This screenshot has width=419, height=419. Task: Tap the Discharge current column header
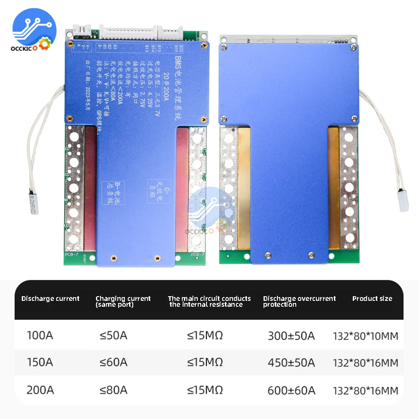(50, 299)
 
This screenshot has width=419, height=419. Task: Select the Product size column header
(372, 299)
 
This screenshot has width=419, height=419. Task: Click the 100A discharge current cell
(40, 336)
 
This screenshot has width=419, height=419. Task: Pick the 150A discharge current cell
(40, 362)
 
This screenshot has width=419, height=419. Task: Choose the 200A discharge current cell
(40, 390)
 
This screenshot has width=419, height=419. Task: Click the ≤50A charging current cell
(113, 336)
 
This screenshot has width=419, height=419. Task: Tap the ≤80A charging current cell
(113, 390)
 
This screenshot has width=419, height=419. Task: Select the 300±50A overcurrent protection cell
(291, 336)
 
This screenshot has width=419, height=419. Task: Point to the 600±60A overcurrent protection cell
(291, 390)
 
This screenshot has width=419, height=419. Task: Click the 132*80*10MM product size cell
(365, 336)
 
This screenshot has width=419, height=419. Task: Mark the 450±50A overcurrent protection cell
(291, 362)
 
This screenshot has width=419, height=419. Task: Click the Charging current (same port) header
(123, 301)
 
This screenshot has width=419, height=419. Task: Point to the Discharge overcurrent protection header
(299, 301)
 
